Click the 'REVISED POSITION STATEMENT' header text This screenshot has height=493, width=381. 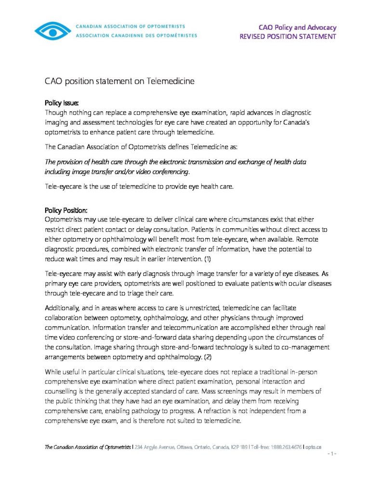tap(288, 37)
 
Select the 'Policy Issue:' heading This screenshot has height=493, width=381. tap(61, 103)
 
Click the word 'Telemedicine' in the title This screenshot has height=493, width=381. tap(171, 81)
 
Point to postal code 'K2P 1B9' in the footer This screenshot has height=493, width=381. tap(239, 447)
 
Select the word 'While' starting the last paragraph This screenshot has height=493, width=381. tap(53, 372)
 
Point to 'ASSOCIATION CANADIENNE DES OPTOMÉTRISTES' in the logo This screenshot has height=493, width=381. tap(136, 35)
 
